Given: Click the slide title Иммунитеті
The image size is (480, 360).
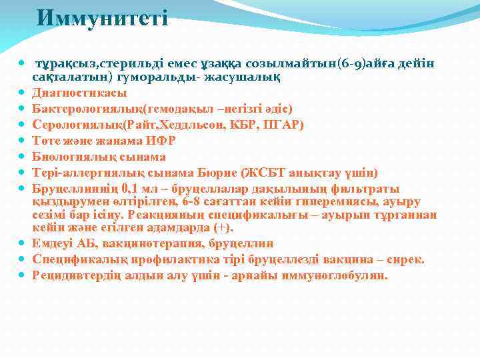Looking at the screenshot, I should [102, 17].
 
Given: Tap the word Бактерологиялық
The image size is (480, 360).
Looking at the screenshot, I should [83, 109].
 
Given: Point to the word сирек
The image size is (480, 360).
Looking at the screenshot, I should [407, 259].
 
